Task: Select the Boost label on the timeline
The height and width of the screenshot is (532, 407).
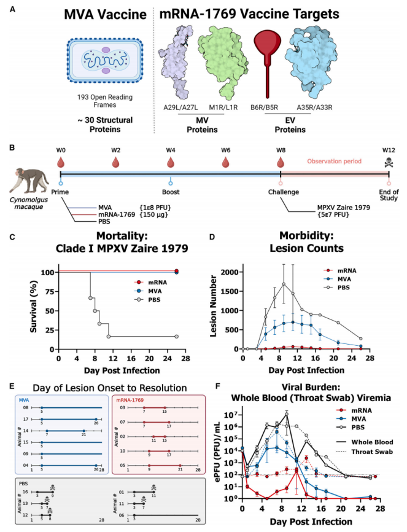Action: tap(172, 190)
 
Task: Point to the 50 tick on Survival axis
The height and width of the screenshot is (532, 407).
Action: tap(52, 310)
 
